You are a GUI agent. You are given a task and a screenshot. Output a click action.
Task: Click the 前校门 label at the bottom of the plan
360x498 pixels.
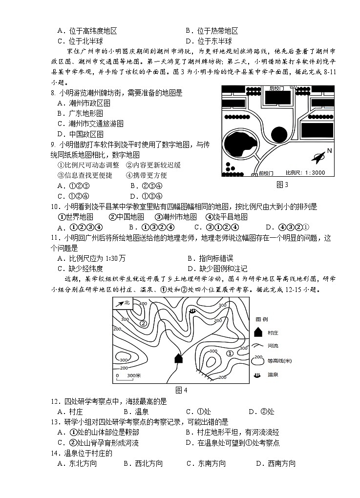[267, 173]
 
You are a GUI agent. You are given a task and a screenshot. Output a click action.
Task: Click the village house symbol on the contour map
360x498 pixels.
[179, 358]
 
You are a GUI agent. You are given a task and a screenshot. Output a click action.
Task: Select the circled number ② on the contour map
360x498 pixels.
[143, 323]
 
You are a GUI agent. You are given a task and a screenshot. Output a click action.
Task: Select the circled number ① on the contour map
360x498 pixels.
[230, 353]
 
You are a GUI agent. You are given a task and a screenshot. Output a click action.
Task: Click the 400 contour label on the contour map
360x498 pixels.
[143, 304]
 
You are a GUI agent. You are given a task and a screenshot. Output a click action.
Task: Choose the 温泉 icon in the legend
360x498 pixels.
[258, 375]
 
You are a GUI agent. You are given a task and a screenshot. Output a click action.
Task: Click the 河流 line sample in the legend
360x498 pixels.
[258, 346]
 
